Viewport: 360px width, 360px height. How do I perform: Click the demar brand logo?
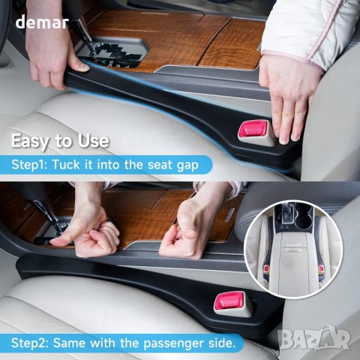coord(42,22)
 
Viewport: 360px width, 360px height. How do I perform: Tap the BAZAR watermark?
coord(314,338)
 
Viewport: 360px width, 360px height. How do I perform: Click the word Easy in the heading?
coord(31,142)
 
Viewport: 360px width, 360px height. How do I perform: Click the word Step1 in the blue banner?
coord(29,165)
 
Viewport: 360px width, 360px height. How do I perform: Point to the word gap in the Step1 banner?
coord(187,166)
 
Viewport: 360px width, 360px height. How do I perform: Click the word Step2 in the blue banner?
coord(30,343)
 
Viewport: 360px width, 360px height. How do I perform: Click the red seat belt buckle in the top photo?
coord(252,130)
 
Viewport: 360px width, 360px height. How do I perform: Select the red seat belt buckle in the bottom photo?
coord(229,301)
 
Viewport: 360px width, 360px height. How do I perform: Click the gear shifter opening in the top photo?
coord(112,52)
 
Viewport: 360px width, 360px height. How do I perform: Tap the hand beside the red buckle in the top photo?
coord(287,95)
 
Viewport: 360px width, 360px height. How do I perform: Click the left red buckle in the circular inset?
coord(267,268)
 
